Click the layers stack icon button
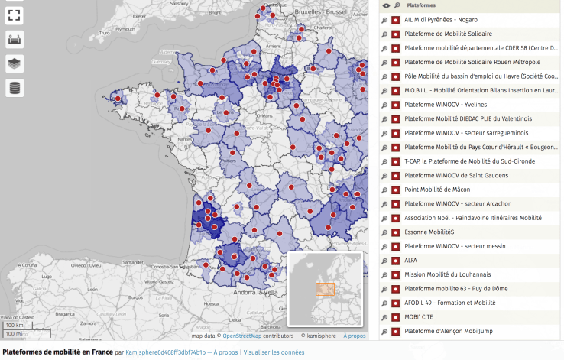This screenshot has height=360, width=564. pyautogui.click(x=15, y=63)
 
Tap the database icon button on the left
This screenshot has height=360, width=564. pyautogui.click(x=15, y=88)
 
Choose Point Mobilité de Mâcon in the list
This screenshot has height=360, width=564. pyautogui.click(x=438, y=190)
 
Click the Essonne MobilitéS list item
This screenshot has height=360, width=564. pyautogui.click(x=429, y=232)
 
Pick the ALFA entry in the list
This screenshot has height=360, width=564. pyautogui.click(x=411, y=260)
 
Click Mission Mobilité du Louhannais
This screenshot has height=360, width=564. pyautogui.click(x=447, y=274)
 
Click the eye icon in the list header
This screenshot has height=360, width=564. pyautogui.click(x=386, y=5)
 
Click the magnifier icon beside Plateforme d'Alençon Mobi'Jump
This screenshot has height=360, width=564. pyautogui.click(x=386, y=331)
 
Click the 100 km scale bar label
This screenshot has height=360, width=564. pyautogui.click(x=13, y=326)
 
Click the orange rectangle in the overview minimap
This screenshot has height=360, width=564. pyautogui.click(x=325, y=289)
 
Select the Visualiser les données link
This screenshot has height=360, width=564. pyautogui.click(x=274, y=353)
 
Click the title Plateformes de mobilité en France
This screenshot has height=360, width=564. pyautogui.click(x=56, y=353)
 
